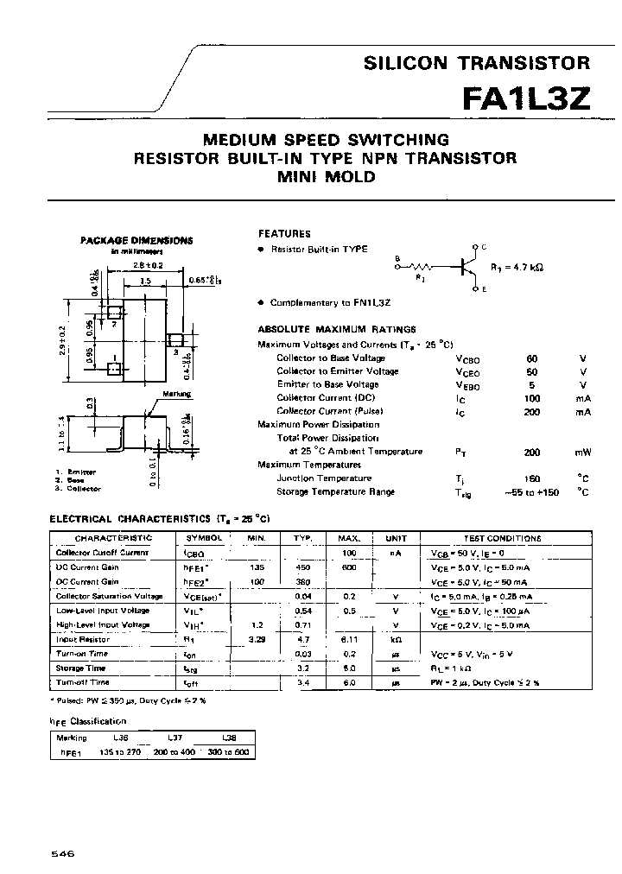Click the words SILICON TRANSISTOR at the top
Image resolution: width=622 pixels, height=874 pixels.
476,62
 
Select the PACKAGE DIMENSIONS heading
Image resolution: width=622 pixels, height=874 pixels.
137,241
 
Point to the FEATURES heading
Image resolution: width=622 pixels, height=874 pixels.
284,233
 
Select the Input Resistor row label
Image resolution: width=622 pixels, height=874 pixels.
83,639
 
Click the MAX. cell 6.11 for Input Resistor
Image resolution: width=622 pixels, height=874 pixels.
348,639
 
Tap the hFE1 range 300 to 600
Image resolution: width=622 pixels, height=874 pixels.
229,752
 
